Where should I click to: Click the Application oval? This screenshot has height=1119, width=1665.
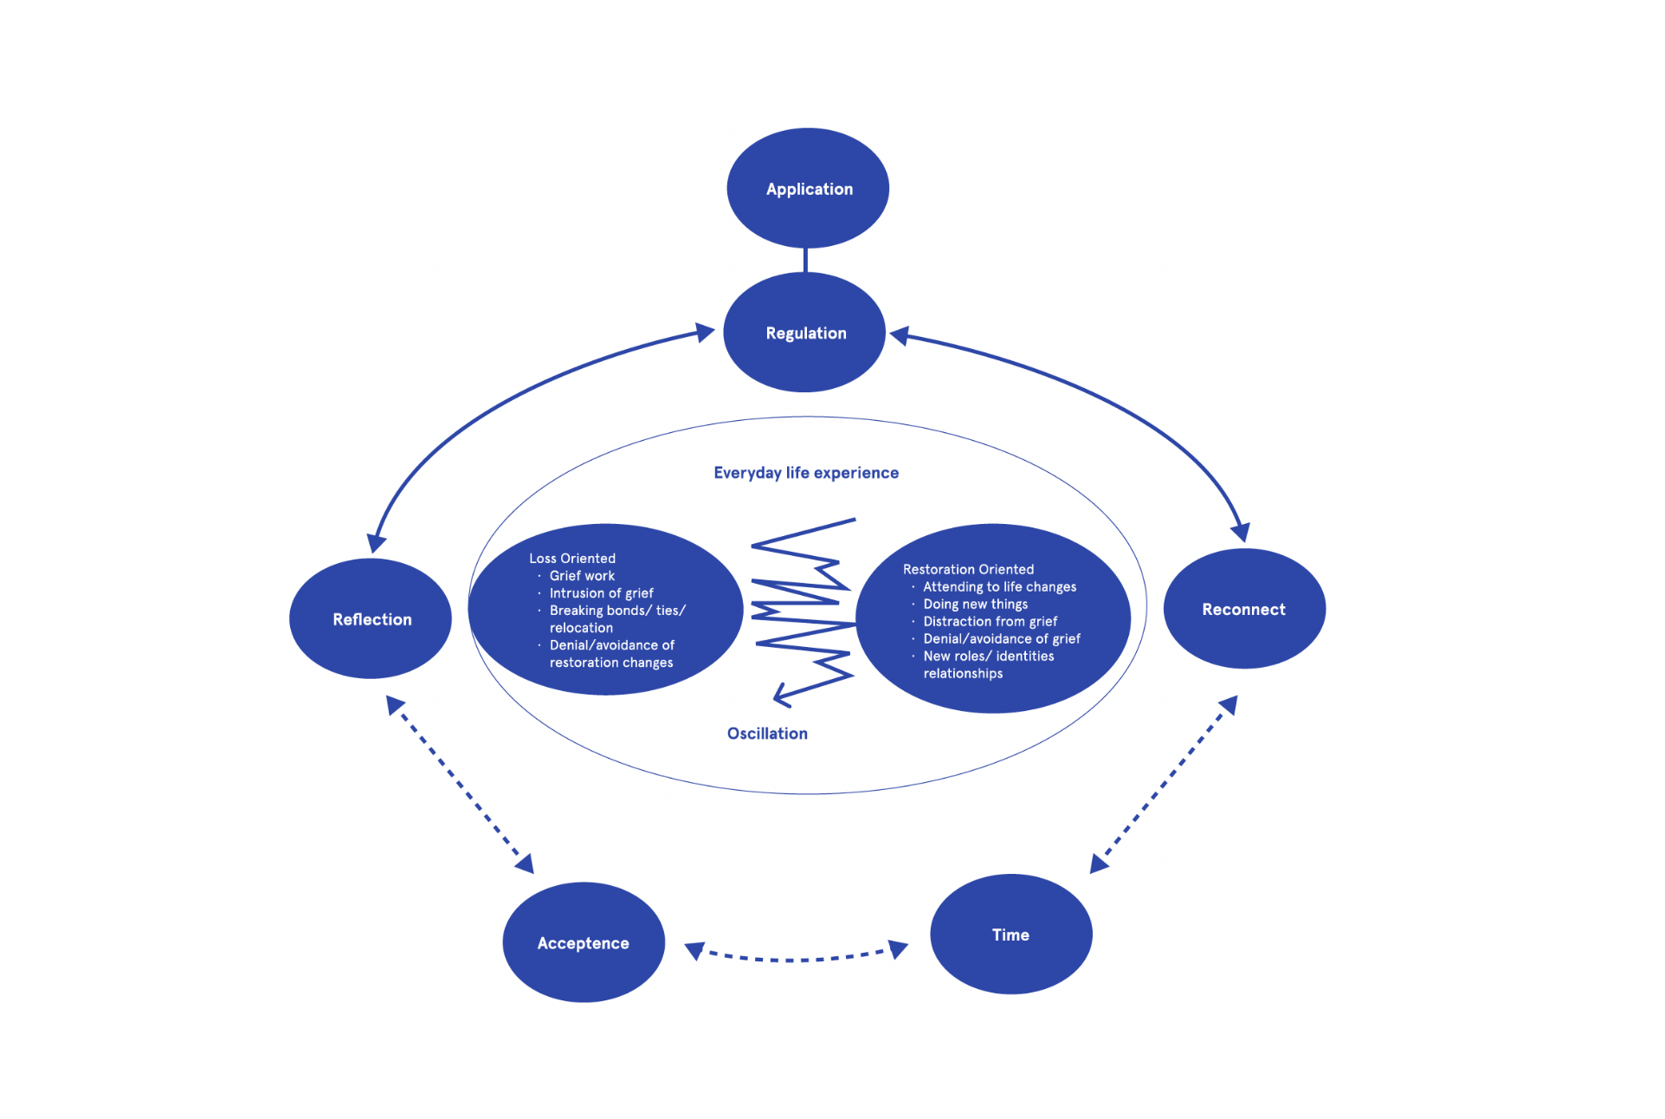pyautogui.click(x=808, y=188)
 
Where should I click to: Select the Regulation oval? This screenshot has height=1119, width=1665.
pyautogui.click(x=804, y=333)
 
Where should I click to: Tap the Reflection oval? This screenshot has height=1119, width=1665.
pyautogui.click(x=371, y=618)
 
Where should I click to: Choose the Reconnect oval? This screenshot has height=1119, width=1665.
pyautogui.click(x=1243, y=609)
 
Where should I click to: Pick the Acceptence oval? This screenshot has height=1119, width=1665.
pyautogui.click(x=583, y=942)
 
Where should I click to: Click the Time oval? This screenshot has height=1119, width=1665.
pyautogui.click(x=1010, y=935)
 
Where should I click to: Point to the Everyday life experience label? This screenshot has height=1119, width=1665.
pyautogui.click(x=805, y=473)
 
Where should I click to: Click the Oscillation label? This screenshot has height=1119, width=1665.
pyautogui.click(x=767, y=734)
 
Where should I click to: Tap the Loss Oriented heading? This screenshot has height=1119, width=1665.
pyautogui.click(x=572, y=559)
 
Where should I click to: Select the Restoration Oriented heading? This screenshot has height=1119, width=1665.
pyautogui.click(x=968, y=569)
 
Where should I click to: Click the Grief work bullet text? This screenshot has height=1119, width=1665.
pyautogui.click(x=582, y=576)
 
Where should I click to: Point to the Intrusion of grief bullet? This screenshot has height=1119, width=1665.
pyautogui.click(x=601, y=593)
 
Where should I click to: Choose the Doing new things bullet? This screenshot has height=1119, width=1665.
pyautogui.click(x=975, y=604)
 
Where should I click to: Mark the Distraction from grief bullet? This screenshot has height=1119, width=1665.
pyautogui.click(x=990, y=621)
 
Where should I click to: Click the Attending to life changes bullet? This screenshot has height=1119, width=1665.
pyautogui.click(x=999, y=586)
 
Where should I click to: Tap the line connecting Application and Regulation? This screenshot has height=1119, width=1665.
pyautogui.click(x=805, y=260)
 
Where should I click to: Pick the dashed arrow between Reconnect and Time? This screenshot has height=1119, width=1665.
pyautogui.click(x=1164, y=785)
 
